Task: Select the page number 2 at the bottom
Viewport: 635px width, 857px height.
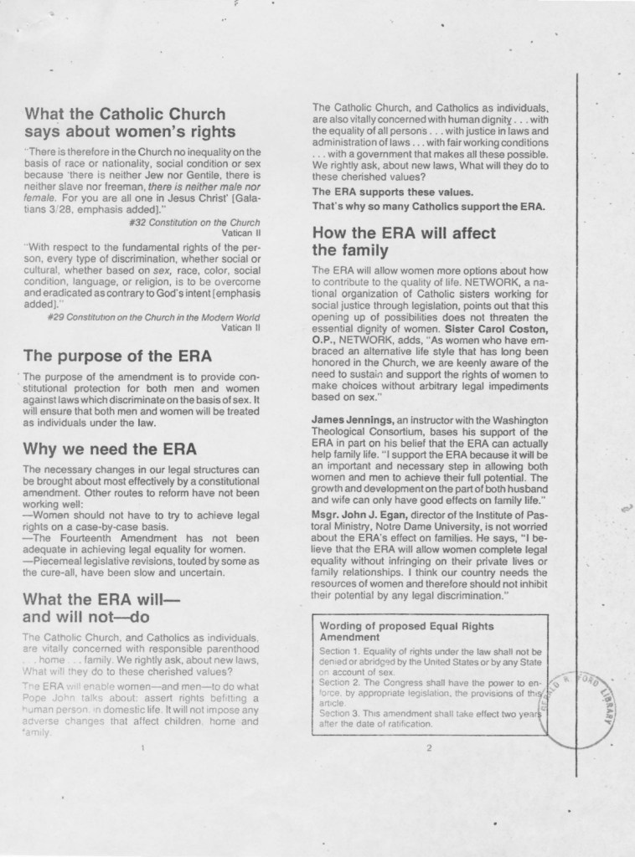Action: [428, 747]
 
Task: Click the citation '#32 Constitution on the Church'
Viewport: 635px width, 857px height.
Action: [196, 223]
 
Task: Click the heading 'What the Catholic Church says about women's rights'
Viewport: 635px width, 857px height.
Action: [130, 122]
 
